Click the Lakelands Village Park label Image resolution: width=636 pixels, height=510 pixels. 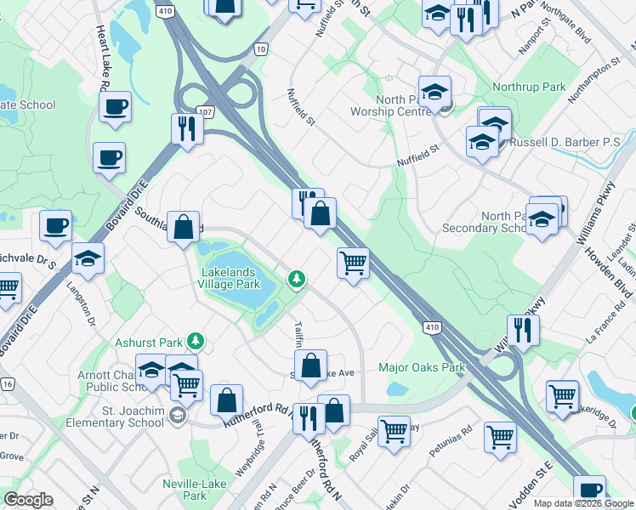click(x=230, y=279)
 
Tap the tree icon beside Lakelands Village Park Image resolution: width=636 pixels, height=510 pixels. click(x=296, y=278)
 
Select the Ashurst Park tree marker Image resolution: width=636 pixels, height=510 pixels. click(x=196, y=341)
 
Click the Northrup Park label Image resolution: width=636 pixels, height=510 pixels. click(x=529, y=87)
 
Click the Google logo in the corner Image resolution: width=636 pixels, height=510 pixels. click(x=28, y=499)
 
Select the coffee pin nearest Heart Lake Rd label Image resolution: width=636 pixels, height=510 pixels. click(x=115, y=107)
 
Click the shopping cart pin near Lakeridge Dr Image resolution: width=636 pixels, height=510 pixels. click(x=563, y=395)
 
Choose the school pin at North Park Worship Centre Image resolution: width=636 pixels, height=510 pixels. click(x=434, y=92)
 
